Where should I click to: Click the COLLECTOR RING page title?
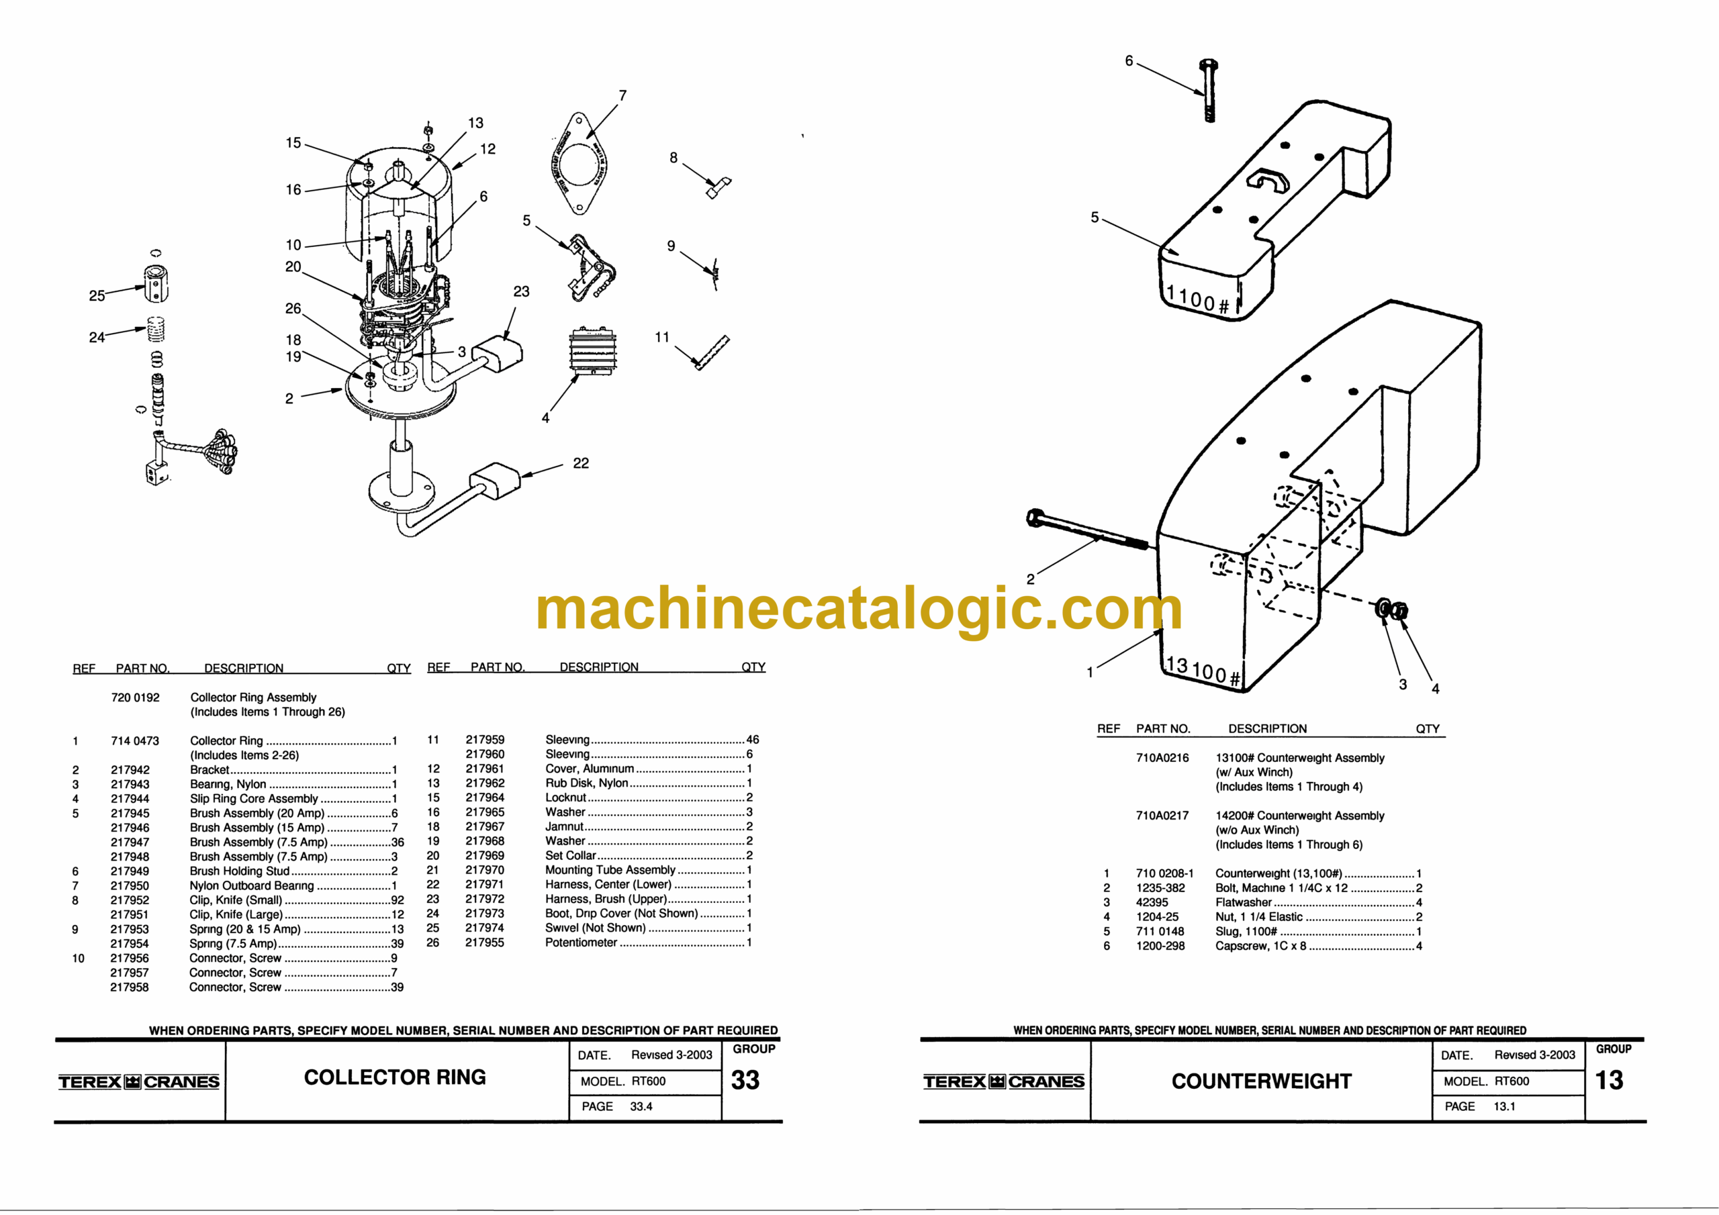tap(395, 1077)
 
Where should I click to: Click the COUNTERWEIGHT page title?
tap(1262, 1081)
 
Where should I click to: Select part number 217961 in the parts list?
tap(485, 769)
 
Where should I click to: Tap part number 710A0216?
tap(1162, 758)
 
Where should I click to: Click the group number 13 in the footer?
tap(1609, 1080)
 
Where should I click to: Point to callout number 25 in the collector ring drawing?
tap(97, 296)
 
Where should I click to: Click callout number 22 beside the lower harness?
tap(581, 463)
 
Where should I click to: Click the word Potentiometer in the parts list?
tap(581, 942)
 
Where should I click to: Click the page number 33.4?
tap(641, 1106)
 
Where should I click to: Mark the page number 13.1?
tap(1504, 1106)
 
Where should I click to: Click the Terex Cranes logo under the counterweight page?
tap(1003, 1081)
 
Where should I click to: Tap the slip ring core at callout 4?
tap(593, 349)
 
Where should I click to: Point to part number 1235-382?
tap(1160, 888)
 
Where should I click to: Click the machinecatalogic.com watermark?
tap(859, 610)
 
